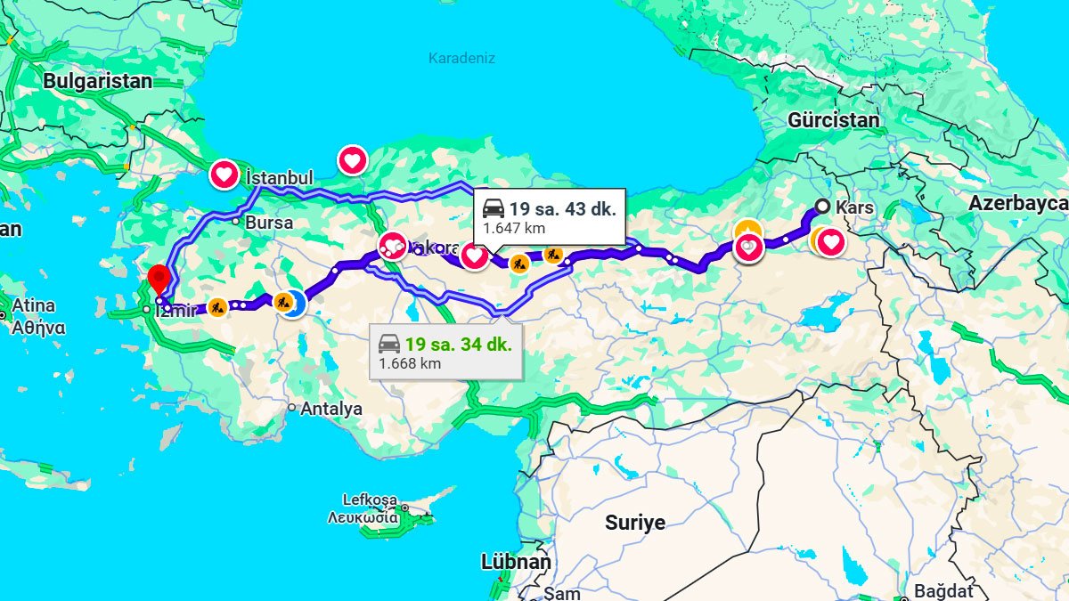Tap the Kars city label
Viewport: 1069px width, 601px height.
855,207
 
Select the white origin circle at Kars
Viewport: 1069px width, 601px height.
822,207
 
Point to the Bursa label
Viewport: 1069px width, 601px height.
269,223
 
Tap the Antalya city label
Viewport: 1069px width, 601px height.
331,409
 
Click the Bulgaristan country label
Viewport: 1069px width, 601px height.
98,81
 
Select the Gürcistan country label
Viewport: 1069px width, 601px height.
833,120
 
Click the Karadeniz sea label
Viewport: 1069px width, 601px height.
461,59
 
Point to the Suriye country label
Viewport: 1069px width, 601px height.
635,523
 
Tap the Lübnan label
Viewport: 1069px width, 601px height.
516,563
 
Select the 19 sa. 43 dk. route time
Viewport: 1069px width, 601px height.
562,209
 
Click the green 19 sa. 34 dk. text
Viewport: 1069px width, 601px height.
458,345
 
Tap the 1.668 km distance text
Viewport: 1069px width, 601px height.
410,363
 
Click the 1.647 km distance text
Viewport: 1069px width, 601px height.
514,228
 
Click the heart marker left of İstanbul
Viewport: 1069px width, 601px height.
224,174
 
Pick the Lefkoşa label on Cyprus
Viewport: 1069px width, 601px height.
370,499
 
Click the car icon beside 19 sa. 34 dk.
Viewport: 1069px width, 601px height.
389,344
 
